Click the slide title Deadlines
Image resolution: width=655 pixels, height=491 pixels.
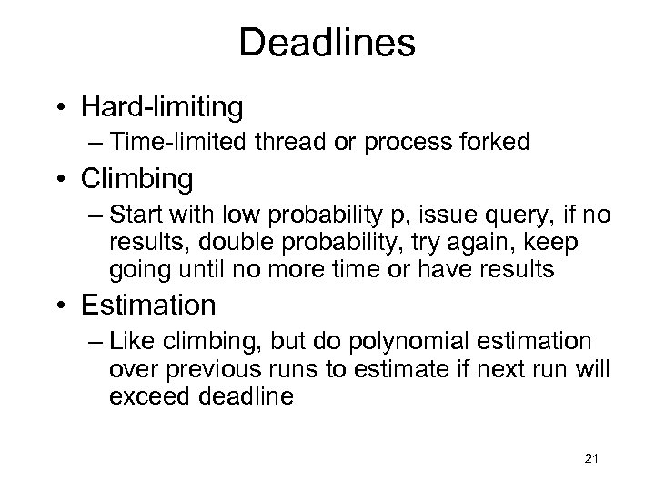[x=327, y=43]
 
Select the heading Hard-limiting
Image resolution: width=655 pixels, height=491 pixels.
[x=161, y=107]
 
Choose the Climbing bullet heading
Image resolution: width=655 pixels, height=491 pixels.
[x=136, y=179]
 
